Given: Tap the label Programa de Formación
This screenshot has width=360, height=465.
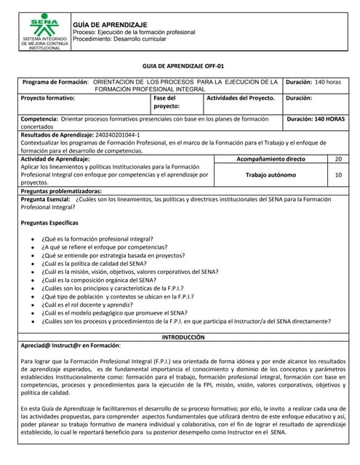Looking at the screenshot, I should (55, 82).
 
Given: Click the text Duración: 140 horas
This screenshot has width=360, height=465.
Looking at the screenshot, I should (313, 82).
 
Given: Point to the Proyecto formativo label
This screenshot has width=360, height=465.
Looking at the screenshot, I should (48, 97).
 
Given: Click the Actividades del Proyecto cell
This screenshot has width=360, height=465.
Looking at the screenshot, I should (241, 97).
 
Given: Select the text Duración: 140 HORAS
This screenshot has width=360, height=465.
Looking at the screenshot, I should (316, 118).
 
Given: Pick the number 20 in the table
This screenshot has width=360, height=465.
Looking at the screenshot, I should (338, 158).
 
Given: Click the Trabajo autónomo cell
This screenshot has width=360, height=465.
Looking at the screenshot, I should (271, 174).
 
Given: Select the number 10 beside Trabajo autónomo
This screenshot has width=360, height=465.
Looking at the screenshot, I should (338, 174).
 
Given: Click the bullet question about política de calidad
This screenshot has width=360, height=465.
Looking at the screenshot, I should (99, 264).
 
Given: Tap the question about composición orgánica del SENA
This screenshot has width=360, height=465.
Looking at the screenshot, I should (99, 280).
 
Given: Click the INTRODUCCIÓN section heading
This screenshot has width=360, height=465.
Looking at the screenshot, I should (183, 337).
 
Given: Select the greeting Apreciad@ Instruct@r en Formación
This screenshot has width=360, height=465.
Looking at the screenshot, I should (71, 346).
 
